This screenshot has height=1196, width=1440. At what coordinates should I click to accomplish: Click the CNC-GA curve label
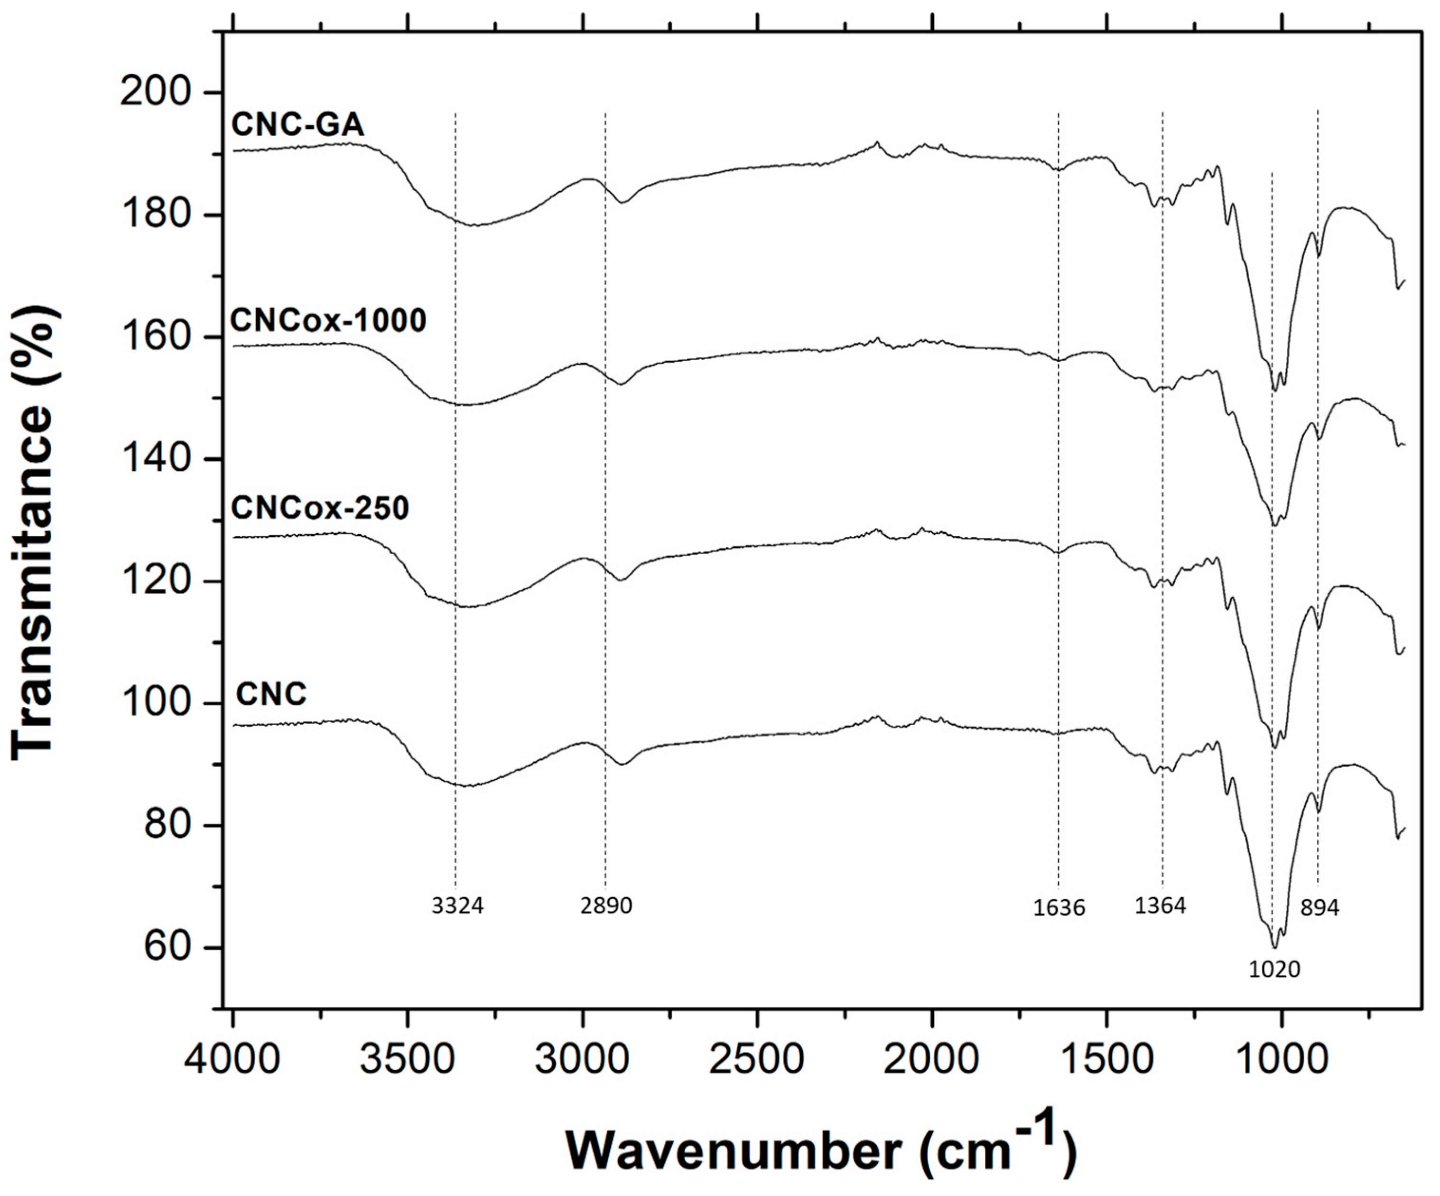tap(297, 125)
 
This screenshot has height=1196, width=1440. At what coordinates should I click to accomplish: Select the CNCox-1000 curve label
tap(328, 320)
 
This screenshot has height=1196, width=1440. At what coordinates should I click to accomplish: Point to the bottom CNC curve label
tap(271, 695)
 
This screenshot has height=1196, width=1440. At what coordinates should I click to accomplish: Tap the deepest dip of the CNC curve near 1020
tap(1274, 947)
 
